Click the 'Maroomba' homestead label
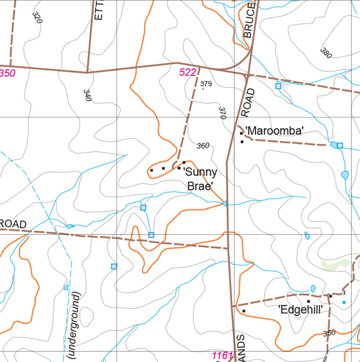(274, 131)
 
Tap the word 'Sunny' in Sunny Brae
(200, 172)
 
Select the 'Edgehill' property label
(301, 310)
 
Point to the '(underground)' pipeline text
(75, 326)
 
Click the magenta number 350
(7, 73)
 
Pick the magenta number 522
(187, 72)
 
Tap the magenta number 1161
(222, 356)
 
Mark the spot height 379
(206, 84)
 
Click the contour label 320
(37, 17)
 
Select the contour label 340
(87, 95)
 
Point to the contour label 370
(223, 113)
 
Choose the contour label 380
(326, 52)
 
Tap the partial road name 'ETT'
(98, 10)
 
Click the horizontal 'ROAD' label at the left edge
(13, 224)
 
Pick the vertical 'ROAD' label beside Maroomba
(248, 102)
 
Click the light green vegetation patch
(335, 265)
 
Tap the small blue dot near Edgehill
(344, 302)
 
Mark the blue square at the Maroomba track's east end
(340, 145)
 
